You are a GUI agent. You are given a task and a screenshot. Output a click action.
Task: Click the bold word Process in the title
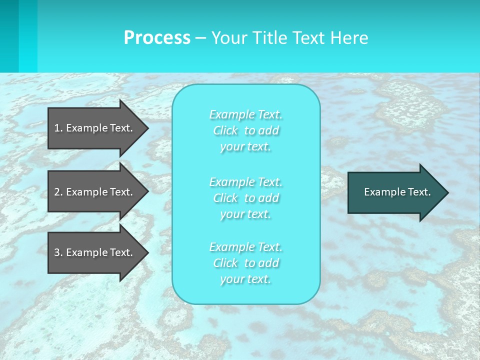point(156,38)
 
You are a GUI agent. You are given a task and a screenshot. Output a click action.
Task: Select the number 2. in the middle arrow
point(58,192)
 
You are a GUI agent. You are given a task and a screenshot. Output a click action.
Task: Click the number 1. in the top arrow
point(58,128)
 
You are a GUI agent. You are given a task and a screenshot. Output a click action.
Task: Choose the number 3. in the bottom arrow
point(58,252)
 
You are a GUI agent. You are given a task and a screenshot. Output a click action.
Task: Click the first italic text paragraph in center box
point(246,130)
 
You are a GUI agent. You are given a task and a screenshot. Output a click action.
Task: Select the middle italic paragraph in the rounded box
point(246,198)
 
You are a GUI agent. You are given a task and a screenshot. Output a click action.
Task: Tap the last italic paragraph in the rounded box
point(246,263)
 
